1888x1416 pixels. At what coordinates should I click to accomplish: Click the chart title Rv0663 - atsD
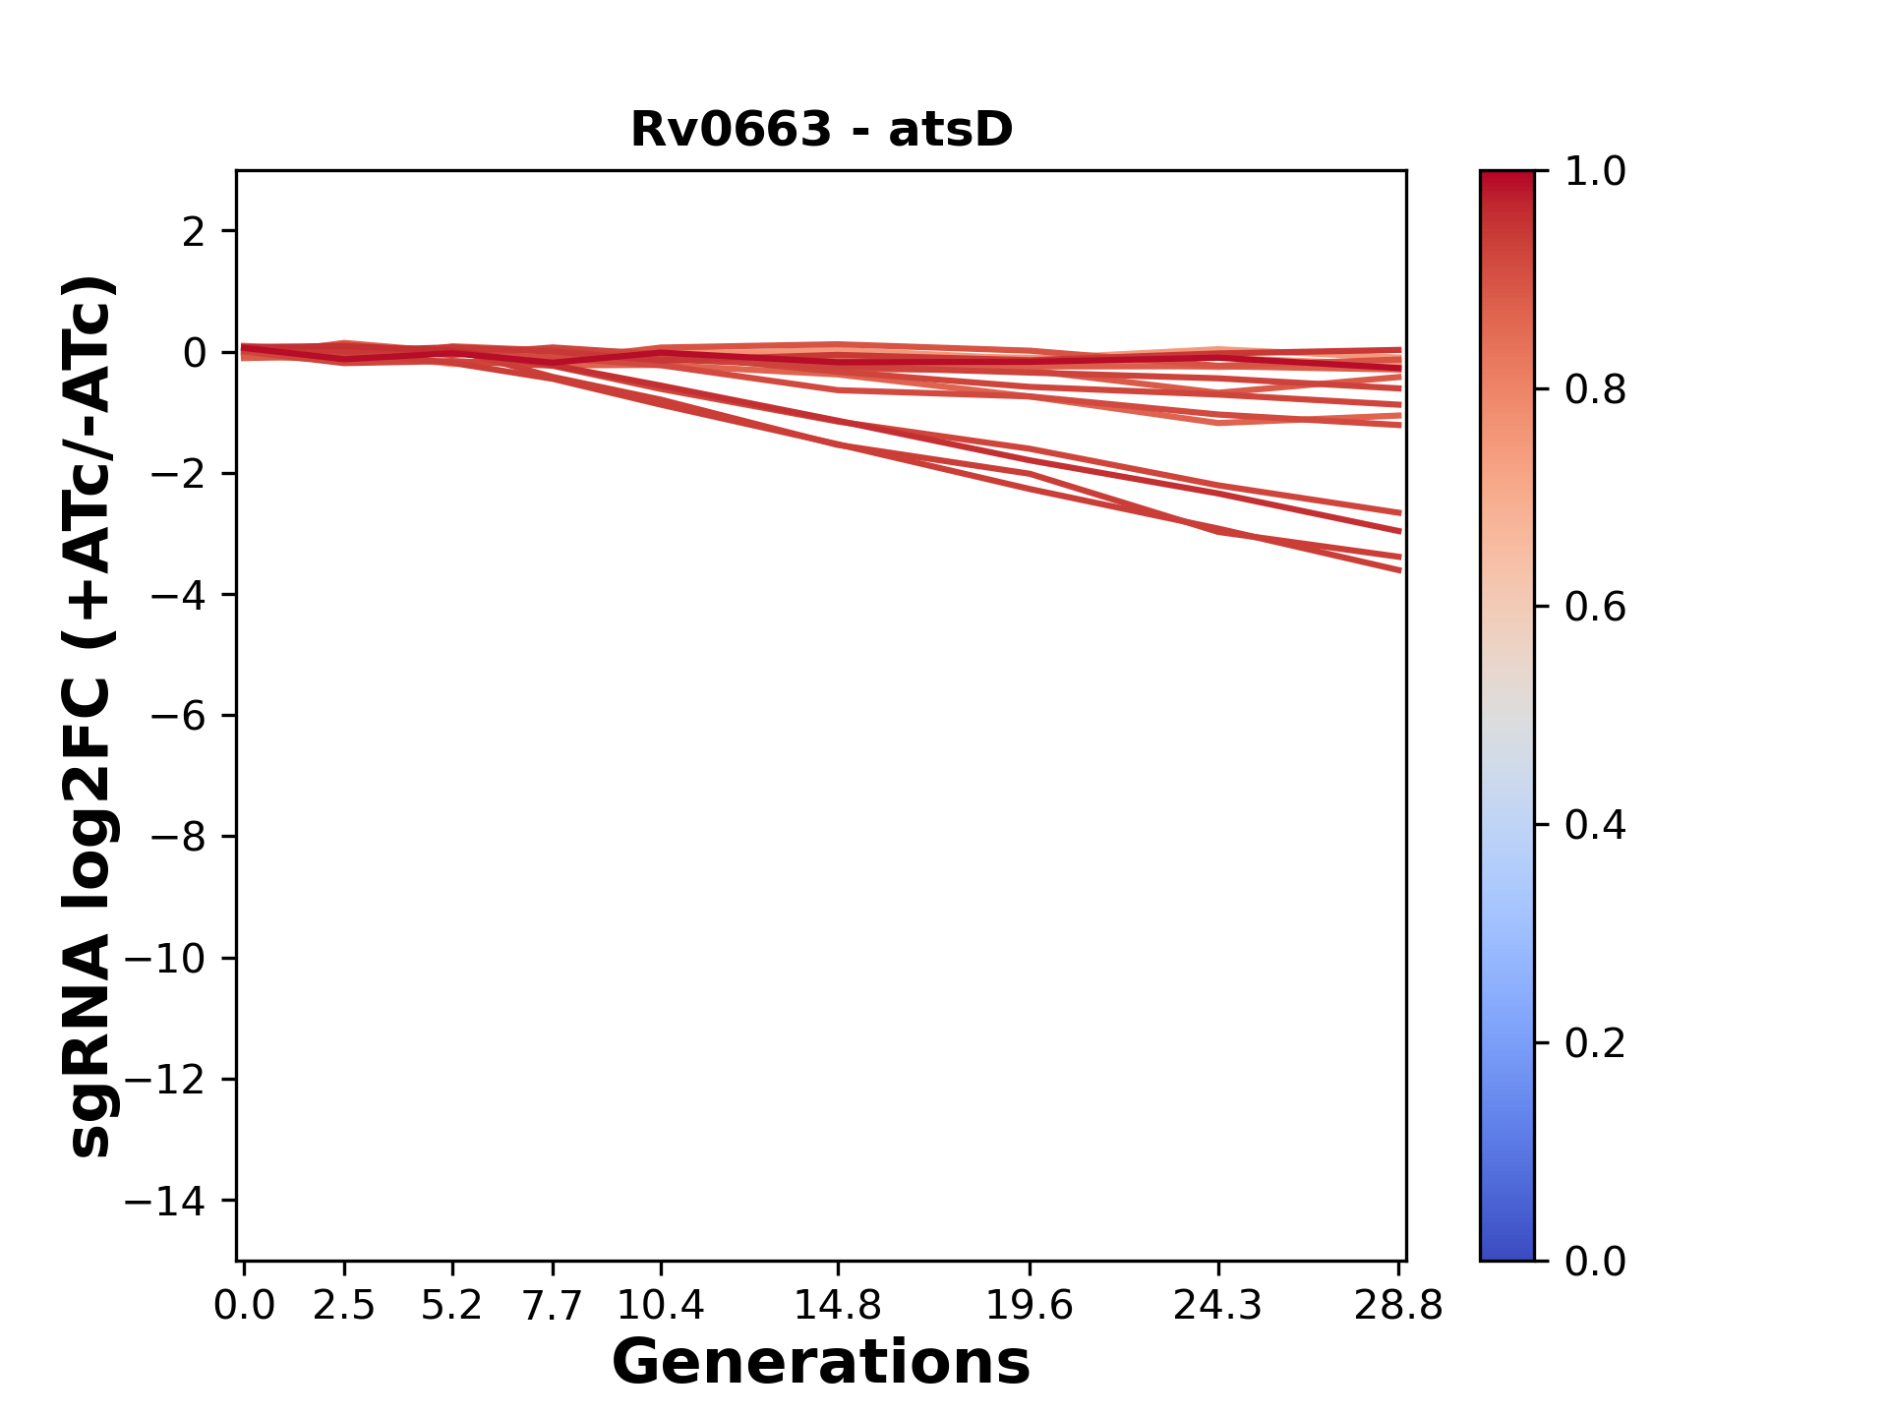click(x=821, y=130)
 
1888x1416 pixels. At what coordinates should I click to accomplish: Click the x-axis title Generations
click(x=821, y=1363)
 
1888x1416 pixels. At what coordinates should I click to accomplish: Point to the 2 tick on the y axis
click(x=194, y=232)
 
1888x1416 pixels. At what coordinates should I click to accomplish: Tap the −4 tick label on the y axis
click(x=178, y=595)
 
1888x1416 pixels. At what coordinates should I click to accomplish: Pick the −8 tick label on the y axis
click(x=178, y=838)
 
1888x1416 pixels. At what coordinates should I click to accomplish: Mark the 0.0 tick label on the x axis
click(x=244, y=1306)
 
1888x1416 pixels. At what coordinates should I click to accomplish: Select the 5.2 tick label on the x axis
click(x=452, y=1306)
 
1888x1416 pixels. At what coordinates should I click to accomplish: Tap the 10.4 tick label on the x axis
click(x=661, y=1306)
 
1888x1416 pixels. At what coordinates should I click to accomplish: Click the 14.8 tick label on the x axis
click(x=838, y=1306)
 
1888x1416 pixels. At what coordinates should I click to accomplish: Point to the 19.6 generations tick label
click(x=1030, y=1306)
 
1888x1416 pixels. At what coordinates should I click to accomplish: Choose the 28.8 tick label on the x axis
click(x=1398, y=1306)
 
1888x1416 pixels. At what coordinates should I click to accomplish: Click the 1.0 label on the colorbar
click(x=1595, y=172)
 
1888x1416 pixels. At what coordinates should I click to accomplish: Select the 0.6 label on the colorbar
click(x=1595, y=608)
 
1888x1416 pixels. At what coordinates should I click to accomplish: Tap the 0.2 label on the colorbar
click(x=1595, y=1043)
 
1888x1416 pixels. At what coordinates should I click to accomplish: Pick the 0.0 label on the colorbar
click(x=1595, y=1262)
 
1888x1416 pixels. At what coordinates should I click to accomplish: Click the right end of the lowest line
click(x=1399, y=570)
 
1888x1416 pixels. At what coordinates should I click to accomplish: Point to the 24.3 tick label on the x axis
click(x=1218, y=1306)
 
